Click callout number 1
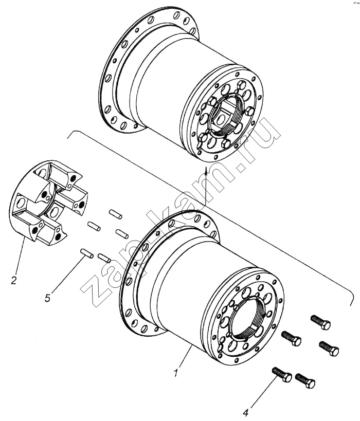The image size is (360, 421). point(176,373)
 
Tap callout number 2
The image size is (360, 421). point(13,280)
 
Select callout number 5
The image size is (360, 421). point(47,298)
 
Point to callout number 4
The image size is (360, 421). point(247,412)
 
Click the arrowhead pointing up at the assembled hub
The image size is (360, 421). point(206,171)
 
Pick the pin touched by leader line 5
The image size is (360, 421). point(87,253)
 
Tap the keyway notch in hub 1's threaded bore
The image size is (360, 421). point(254,327)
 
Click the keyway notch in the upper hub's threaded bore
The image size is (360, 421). point(233,124)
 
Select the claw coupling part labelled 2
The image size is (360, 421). point(48,202)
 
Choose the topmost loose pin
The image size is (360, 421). point(116,214)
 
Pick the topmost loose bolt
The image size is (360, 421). point(320,322)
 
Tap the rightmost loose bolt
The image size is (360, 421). point(329,348)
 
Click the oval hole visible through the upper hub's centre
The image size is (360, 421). point(222,118)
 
